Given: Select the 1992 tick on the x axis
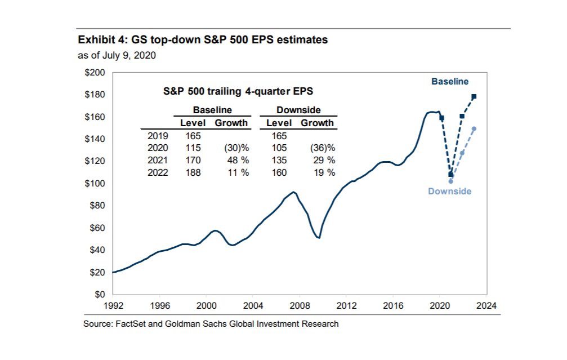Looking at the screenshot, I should click(113, 306).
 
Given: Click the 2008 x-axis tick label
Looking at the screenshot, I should click(299, 306).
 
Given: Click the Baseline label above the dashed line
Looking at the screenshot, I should click(450, 82).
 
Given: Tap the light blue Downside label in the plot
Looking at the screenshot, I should click(449, 192).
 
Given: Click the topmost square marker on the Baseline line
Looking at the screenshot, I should click(474, 97).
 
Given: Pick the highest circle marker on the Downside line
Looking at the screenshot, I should click(474, 129).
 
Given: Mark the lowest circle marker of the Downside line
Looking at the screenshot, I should click(450, 181).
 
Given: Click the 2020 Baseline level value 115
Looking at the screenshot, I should click(194, 148).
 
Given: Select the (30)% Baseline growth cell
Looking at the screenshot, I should click(237, 148).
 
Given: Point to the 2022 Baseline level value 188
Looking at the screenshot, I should click(194, 172).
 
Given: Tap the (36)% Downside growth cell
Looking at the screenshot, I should click(323, 148).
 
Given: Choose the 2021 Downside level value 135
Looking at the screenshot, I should click(279, 161).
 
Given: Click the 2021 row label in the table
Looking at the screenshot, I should click(157, 161).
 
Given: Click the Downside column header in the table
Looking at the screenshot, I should click(298, 110).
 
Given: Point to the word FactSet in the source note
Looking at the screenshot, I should click(131, 324).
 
